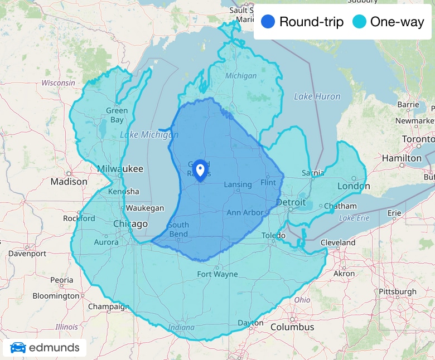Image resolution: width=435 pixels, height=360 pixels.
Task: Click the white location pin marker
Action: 200,169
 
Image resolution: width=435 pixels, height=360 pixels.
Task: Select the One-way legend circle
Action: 360,22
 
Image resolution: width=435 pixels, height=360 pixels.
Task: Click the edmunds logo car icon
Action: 18,348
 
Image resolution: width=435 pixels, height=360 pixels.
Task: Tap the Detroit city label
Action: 291,202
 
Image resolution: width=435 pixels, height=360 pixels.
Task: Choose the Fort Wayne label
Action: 217,274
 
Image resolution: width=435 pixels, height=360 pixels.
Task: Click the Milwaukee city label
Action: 120,169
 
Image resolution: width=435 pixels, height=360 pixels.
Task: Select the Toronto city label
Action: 418,139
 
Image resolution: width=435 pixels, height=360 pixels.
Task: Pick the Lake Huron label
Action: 317,96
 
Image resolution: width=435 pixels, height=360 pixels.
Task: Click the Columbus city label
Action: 292,327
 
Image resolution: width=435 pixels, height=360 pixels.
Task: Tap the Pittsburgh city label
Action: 397,291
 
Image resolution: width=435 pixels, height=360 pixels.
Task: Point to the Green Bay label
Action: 117,115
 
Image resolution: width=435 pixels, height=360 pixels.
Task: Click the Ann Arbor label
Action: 245,212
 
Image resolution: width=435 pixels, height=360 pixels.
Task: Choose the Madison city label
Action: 69,182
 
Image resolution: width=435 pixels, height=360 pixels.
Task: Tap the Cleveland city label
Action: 338,242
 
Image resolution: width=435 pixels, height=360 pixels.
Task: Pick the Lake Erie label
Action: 354,218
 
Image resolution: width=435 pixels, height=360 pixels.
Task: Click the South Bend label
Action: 178,229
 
